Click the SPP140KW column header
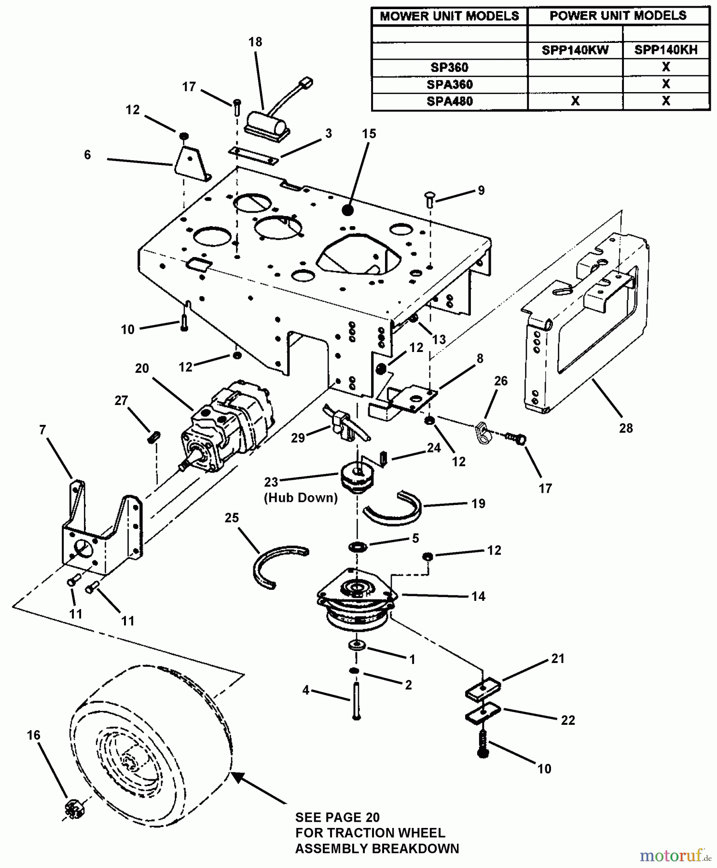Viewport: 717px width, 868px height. [x=575, y=50]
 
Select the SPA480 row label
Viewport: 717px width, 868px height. [x=449, y=101]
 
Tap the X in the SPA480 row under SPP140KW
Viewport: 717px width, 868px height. [x=575, y=101]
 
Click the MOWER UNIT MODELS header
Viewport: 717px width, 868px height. [x=449, y=16]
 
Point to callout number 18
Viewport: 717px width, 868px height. [x=255, y=42]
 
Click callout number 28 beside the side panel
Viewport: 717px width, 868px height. [x=626, y=428]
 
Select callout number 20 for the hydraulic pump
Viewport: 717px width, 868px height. [x=142, y=368]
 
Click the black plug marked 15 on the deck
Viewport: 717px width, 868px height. [x=347, y=210]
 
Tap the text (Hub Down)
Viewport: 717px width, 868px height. [x=301, y=498]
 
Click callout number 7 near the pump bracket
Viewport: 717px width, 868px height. [x=42, y=430]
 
